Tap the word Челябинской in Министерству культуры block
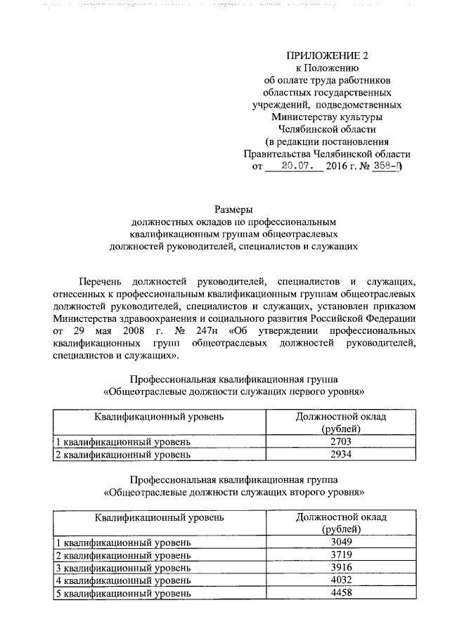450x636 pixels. click(309, 129)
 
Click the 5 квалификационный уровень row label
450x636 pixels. click(123, 593)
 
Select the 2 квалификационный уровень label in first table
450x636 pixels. click(123, 454)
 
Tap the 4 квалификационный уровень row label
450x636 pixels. click(123, 580)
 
